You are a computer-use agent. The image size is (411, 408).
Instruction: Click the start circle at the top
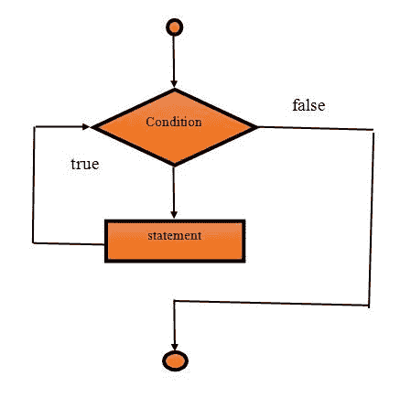pos(174,27)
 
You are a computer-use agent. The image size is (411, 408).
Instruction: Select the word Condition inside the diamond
pos(174,122)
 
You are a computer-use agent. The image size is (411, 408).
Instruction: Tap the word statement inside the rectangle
pos(174,236)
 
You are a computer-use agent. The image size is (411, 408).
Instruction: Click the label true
pos(85,166)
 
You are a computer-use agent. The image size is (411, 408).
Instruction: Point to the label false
pos(308,105)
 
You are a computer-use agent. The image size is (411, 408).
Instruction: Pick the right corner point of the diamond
pos(258,127)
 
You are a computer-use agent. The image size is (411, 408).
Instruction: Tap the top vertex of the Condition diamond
pos(174,90)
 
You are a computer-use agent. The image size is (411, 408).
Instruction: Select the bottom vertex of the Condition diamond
pos(174,166)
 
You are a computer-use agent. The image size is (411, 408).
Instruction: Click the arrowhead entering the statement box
pos(174,215)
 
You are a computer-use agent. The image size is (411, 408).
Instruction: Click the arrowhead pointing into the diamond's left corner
pos(89,127)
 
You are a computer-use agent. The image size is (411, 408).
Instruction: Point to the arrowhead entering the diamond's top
pos(174,84)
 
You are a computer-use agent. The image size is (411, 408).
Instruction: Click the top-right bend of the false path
pos(373,130)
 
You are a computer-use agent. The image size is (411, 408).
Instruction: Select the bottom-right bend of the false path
pos(369,304)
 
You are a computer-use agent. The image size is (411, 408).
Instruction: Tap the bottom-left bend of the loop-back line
pos(34,242)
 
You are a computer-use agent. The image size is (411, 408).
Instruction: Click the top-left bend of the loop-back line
pos(34,127)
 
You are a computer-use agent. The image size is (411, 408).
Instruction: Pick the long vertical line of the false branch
pos(372,215)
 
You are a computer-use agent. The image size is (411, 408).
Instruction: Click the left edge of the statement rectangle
pos(105,240)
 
